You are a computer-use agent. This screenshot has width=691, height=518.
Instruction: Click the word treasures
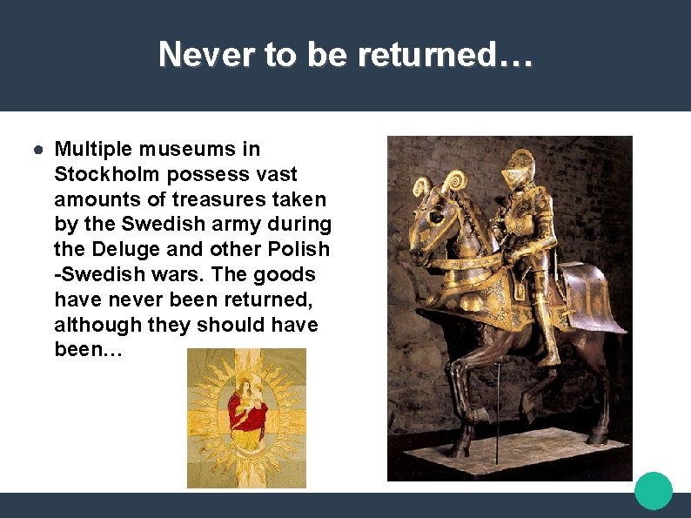tap(224, 199)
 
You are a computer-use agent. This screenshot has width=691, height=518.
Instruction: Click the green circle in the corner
tap(654, 490)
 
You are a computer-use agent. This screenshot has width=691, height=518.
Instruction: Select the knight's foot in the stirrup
tap(547, 359)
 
